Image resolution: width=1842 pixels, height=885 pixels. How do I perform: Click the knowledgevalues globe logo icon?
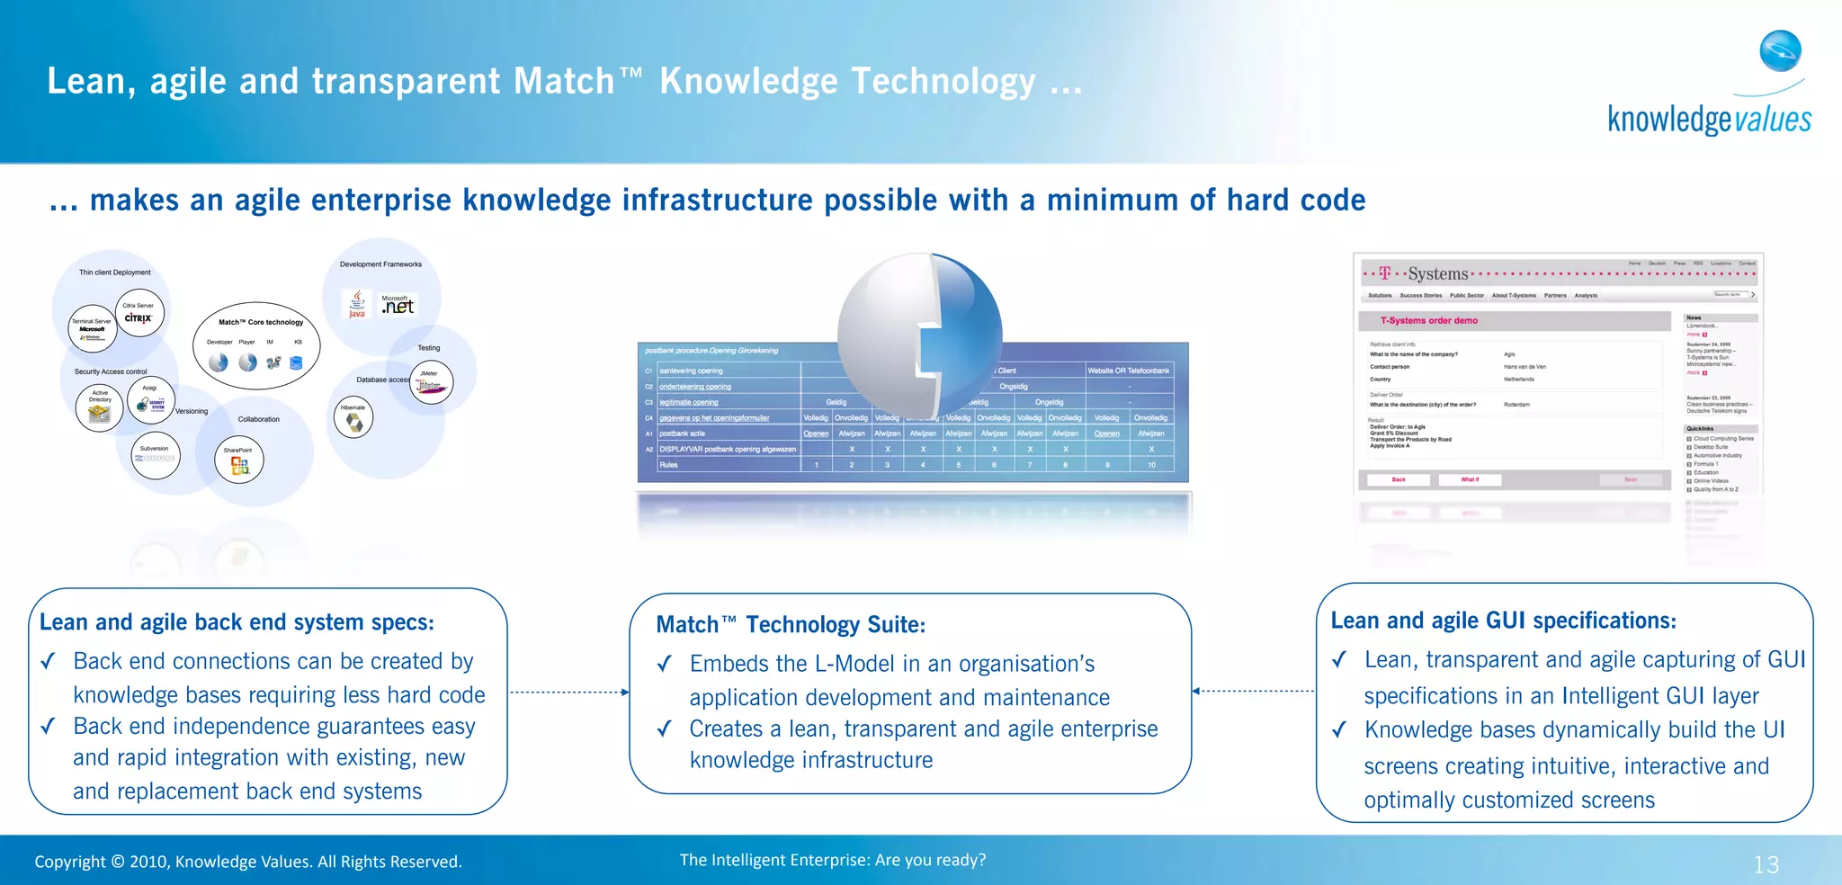[x=1781, y=50]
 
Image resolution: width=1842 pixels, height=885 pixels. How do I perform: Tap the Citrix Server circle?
[x=140, y=313]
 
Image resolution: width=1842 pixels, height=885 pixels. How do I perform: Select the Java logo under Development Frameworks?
[x=357, y=304]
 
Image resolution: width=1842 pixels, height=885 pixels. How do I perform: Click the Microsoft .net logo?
[x=397, y=305]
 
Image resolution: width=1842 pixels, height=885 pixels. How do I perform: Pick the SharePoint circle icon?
[x=239, y=460]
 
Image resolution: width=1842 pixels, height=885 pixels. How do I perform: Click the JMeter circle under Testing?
[x=430, y=381]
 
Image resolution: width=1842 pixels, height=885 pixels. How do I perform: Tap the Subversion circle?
[x=155, y=455]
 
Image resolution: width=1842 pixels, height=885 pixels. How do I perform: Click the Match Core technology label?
[x=261, y=322]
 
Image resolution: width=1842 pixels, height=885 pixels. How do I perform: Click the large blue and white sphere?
[x=919, y=335]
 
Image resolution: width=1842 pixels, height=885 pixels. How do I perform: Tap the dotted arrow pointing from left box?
[x=569, y=692]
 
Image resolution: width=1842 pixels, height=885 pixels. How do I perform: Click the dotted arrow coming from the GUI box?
[x=1254, y=691]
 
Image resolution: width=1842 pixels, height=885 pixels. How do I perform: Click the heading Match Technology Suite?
[x=790, y=624]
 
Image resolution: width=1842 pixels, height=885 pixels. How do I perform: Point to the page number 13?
[x=1766, y=864]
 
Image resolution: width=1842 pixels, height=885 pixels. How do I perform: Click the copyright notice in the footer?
[x=248, y=862]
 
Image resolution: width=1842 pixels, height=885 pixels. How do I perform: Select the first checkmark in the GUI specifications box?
[x=1339, y=660]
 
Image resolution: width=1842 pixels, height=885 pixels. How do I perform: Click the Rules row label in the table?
[x=668, y=465]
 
